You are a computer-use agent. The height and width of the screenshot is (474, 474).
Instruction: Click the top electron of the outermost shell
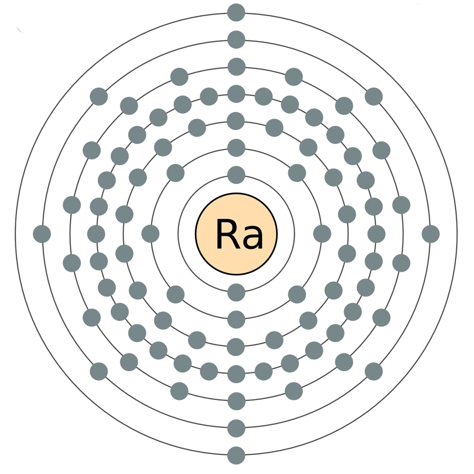coord(236,10)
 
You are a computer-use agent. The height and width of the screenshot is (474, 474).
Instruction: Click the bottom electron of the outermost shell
coord(236,454)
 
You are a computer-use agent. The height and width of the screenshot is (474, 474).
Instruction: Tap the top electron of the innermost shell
coord(236,172)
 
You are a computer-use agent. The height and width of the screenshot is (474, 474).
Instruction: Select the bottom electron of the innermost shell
coord(236,291)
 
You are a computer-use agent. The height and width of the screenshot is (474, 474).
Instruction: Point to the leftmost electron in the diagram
coord(42,234)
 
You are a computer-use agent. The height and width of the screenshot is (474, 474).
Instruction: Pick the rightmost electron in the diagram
coord(431,234)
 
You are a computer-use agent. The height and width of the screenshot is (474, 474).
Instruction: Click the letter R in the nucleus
coord(224,234)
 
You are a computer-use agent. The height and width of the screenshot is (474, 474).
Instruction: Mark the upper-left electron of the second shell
coord(175,171)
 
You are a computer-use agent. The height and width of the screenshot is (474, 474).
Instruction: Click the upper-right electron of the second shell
coord(297,171)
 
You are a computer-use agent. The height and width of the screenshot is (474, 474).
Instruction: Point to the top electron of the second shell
coord(236,145)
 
